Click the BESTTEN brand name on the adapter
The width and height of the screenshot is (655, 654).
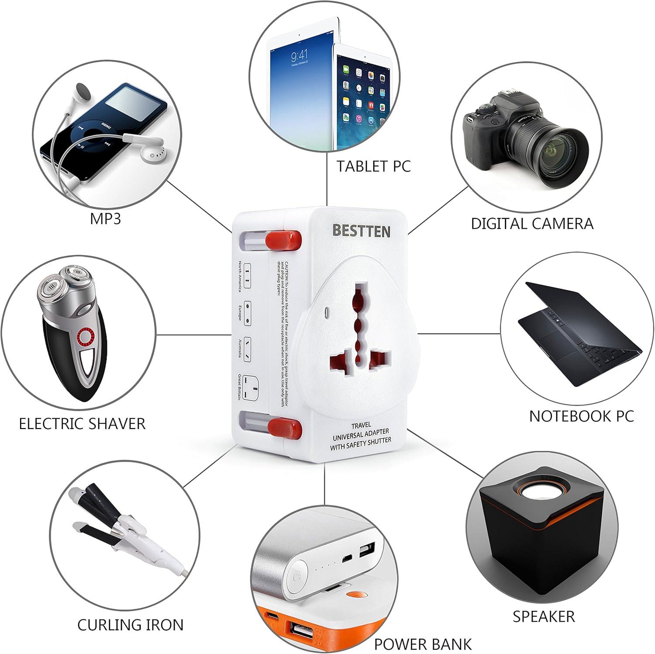[361, 230]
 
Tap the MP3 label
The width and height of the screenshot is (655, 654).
[105, 218]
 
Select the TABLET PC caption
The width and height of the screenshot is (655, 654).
[373, 166]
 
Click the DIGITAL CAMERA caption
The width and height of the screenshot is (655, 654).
[532, 223]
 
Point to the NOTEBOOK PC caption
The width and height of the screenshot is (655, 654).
[581, 416]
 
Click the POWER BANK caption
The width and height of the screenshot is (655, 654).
[423, 644]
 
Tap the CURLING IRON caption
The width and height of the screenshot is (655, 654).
[130, 625]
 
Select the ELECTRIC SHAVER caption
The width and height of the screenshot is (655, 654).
[82, 423]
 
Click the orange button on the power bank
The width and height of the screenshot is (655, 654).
[356, 595]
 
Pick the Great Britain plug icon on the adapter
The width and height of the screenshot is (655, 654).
[253, 387]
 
